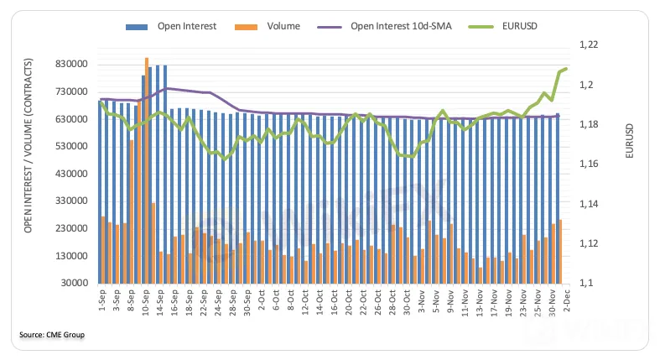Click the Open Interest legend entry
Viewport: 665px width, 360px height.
pyautogui.click(x=187, y=26)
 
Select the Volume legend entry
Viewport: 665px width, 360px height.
pyautogui.click(x=283, y=26)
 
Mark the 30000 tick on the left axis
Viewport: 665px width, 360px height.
pyautogui.click(x=75, y=284)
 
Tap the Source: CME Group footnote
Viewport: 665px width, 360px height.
pyautogui.click(x=52, y=336)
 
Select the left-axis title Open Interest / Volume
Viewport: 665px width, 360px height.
pyautogui.click(x=28, y=147)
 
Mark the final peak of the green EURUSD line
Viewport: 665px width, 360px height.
pyautogui.click(x=566, y=69)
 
